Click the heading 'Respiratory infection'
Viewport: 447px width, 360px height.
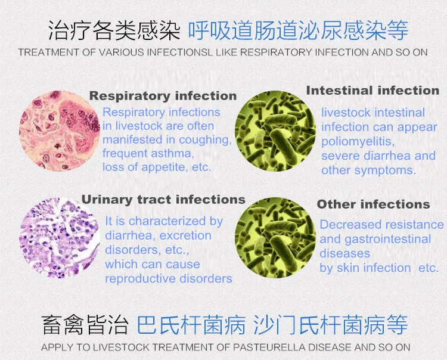pyautogui.click(x=163, y=95)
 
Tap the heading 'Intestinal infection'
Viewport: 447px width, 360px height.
pyautogui.click(x=372, y=91)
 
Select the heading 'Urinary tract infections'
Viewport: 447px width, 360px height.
pyautogui.click(x=163, y=199)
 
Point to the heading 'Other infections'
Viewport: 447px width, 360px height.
pyautogui.click(x=373, y=204)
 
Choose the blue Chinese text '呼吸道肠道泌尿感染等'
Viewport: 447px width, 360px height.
pyautogui.click(x=298, y=29)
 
